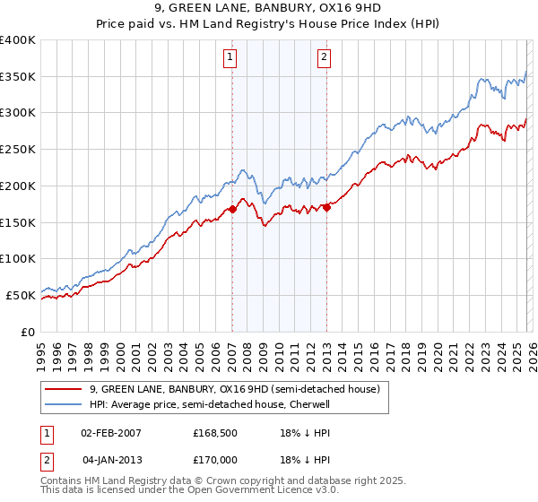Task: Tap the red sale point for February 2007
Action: point(232,209)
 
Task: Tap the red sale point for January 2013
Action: point(326,208)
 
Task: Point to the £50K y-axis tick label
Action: point(21,295)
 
